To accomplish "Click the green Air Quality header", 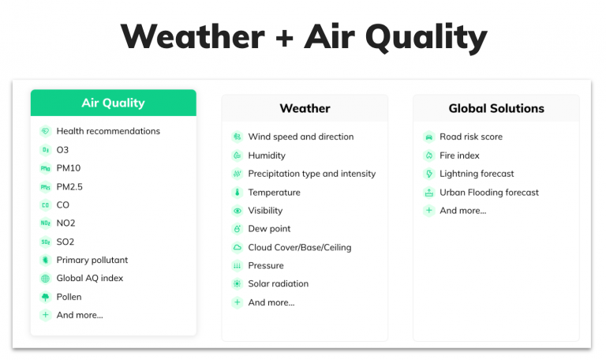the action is [114, 103].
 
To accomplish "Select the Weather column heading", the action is [305, 108].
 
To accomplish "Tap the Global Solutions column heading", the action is [496, 108].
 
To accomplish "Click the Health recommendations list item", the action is [108, 131].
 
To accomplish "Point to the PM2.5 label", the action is [69, 187].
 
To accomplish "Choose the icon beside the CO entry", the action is [46, 205].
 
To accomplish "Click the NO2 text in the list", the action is [65, 223].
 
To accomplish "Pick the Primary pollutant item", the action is [92, 260].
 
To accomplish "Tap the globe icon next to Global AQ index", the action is [46, 278].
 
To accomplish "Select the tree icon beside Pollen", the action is [46, 297].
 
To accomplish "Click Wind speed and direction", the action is [301, 137].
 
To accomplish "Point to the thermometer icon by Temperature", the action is [238, 192].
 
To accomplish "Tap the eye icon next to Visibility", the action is [238, 211].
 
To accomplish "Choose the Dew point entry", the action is [269, 228].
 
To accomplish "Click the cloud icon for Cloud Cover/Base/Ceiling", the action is [238, 247].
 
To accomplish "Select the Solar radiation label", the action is [279, 283].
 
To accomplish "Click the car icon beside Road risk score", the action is [429, 137].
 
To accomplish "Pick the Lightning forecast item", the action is [477, 174].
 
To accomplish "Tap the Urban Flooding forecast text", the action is [489, 192].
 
